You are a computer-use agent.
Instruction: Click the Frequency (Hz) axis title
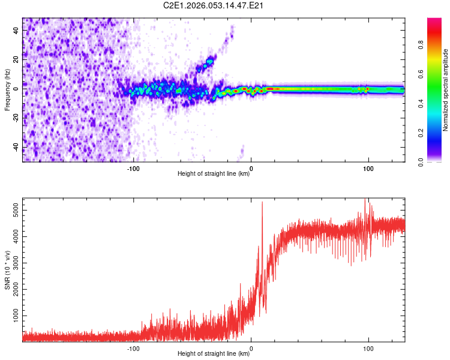pos(7,90)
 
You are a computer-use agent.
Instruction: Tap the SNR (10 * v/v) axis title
pos(7,270)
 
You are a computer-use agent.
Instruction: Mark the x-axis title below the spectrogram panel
pos(214,173)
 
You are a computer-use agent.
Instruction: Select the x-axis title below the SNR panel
pos(214,354)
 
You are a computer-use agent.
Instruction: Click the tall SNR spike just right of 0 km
pos(262,204)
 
